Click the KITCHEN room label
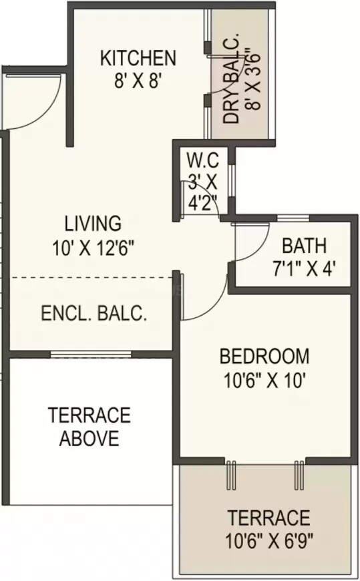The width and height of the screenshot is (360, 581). pyautogui.click(x=138, y=58)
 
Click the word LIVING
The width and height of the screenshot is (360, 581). pyautogui.click(x=93, y=222)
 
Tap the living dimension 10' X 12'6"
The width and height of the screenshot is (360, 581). pyautogui.click(x=93, y=247)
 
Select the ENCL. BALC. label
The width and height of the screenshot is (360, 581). pyautogui.click(x=94, y=313)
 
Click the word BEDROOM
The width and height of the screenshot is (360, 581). pyautogui.click(x=264, y=355)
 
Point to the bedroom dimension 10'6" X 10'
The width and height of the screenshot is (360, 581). pyautogui.click(x=264, y=380)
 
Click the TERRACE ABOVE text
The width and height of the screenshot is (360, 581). pyautogui.click(x=89, y=427)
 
